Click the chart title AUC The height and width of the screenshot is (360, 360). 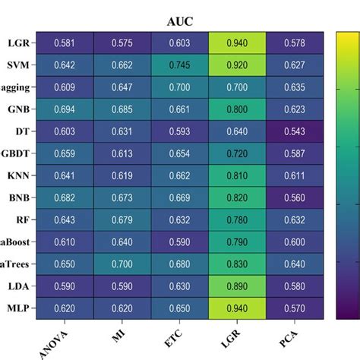[179, 21]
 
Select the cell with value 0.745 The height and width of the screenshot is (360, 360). [179, 66]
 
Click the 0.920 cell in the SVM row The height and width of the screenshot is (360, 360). [238, 66]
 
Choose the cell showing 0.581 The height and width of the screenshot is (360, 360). [65, 44]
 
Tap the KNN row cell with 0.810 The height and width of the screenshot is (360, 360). [238, 176]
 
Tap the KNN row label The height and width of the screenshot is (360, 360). [17, 176]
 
